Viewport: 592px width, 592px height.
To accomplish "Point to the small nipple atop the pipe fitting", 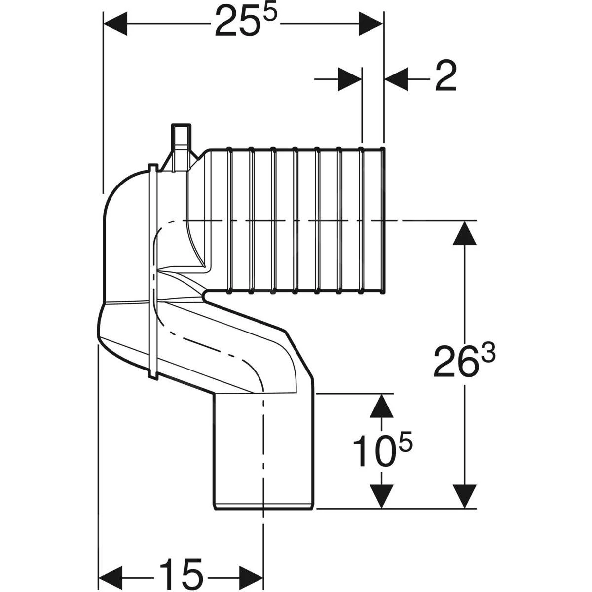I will [x=180, y=134].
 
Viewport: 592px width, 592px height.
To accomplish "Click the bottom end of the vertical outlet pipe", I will [x=264, y=507].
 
